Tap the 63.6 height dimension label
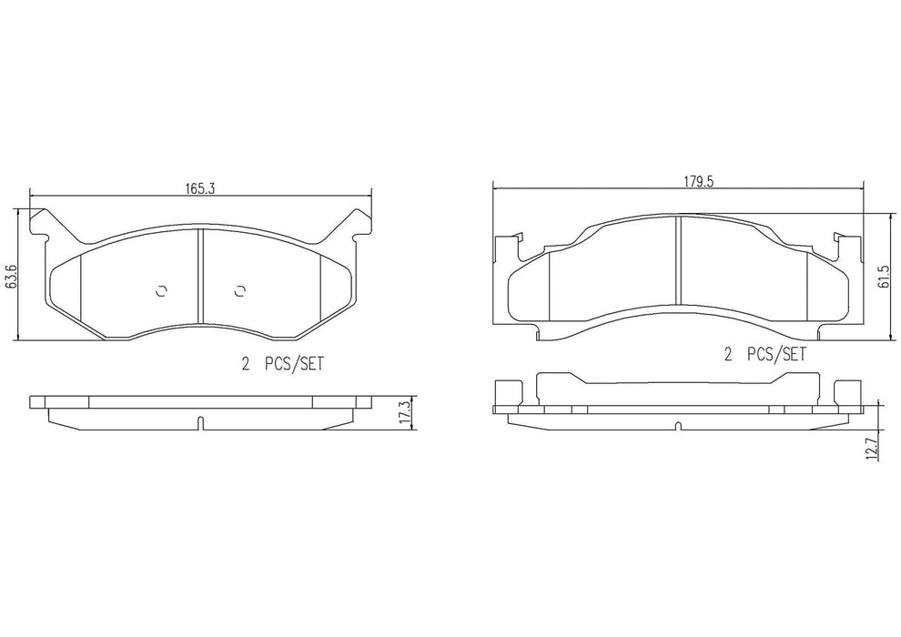click(x=11, y=276)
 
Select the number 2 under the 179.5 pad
click(x=727, y=353)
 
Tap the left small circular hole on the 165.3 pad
click(x=161, y=290)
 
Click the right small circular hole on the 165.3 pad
click(x=239, y=290)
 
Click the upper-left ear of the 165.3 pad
click(x=41, y=221)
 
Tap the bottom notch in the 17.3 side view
click(x=198, y=422)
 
